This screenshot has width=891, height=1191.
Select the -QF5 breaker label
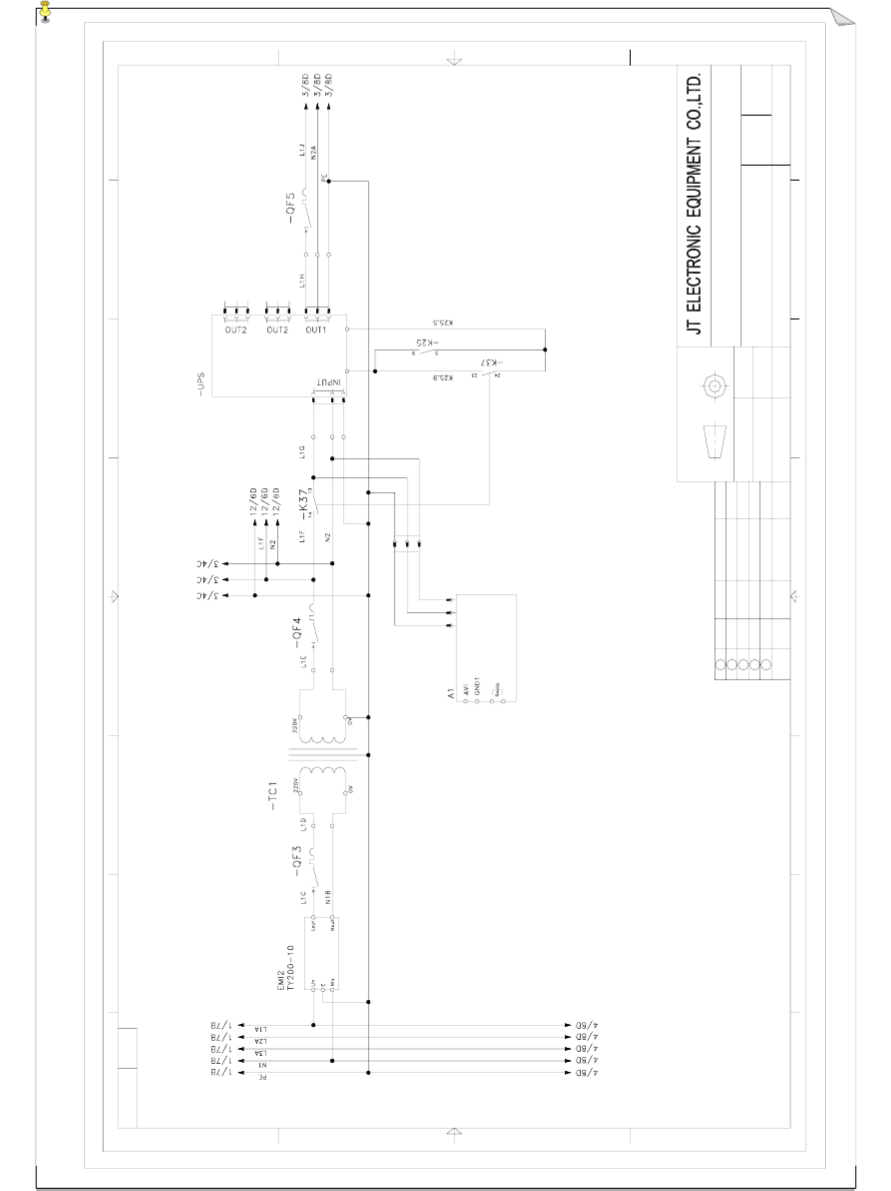point(291,208)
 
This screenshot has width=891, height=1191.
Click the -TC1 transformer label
point(273,796)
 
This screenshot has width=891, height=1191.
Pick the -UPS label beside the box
point(201,384)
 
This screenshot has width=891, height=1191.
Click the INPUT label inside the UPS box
point(328,383)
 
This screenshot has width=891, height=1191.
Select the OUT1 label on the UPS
point(316,330)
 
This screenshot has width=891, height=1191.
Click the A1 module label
point(451,693)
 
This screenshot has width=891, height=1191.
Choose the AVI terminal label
point(466,689)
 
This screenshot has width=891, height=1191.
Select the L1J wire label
point(302,150)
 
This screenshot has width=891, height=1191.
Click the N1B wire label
point(328,896)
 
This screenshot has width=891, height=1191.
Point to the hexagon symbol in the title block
point(714,386)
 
